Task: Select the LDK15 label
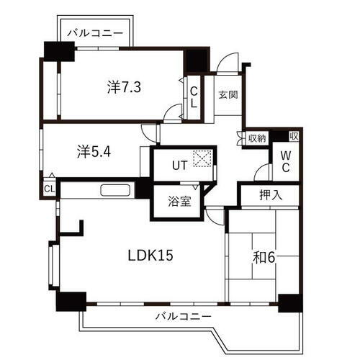point(151,255)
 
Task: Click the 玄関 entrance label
point(228,95)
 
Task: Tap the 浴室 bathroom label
point(180,201)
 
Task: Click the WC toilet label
point(286,162)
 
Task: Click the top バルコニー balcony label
point(95,32)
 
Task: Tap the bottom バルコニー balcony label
point(183,318)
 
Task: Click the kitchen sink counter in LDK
point(115,191)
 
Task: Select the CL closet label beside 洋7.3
point(194,96)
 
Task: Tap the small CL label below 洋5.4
point(49,189)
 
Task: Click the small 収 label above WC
point(294,135)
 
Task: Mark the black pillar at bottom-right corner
point(290,302)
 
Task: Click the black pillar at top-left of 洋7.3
point(59,53)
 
